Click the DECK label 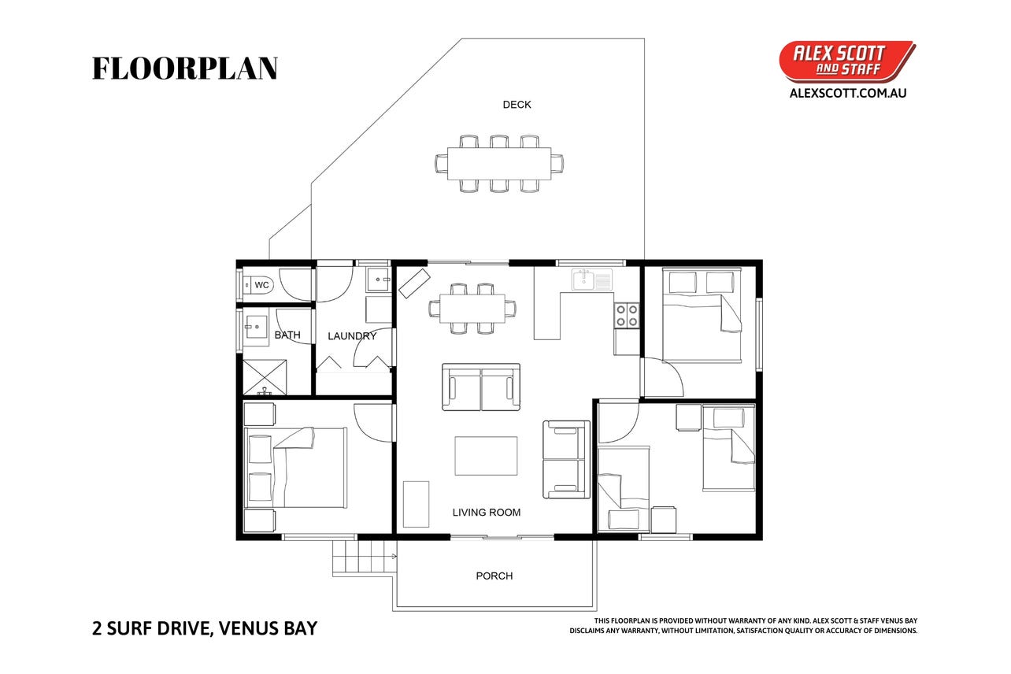(517, 105)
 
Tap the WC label (261, 285)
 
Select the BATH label (287, 335)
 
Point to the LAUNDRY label (352, 336)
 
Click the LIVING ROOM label (487, 513)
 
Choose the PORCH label (494, 576)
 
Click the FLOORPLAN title (185, 69)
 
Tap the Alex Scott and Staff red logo (847, 62)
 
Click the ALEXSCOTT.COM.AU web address (848, 93)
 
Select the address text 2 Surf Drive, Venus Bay (205, 628)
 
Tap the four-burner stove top (627, 315)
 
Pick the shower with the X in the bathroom (265, 377)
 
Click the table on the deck (499, 164)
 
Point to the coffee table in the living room (486, 456)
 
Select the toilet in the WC (257, 285)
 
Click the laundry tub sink (378, 280)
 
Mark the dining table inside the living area (472, 309)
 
